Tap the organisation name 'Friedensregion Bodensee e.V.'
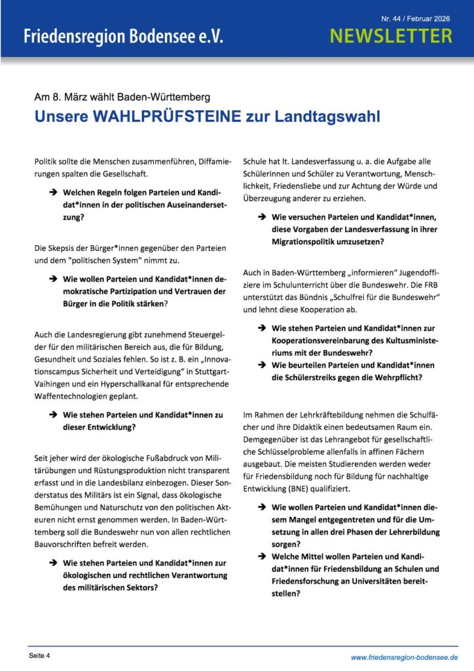click(123, 37)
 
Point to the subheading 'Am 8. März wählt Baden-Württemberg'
click(122, 97)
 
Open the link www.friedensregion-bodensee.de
click(404, 657)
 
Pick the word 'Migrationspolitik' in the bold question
click(306, 242)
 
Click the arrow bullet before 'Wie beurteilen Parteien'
click(261, 365)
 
